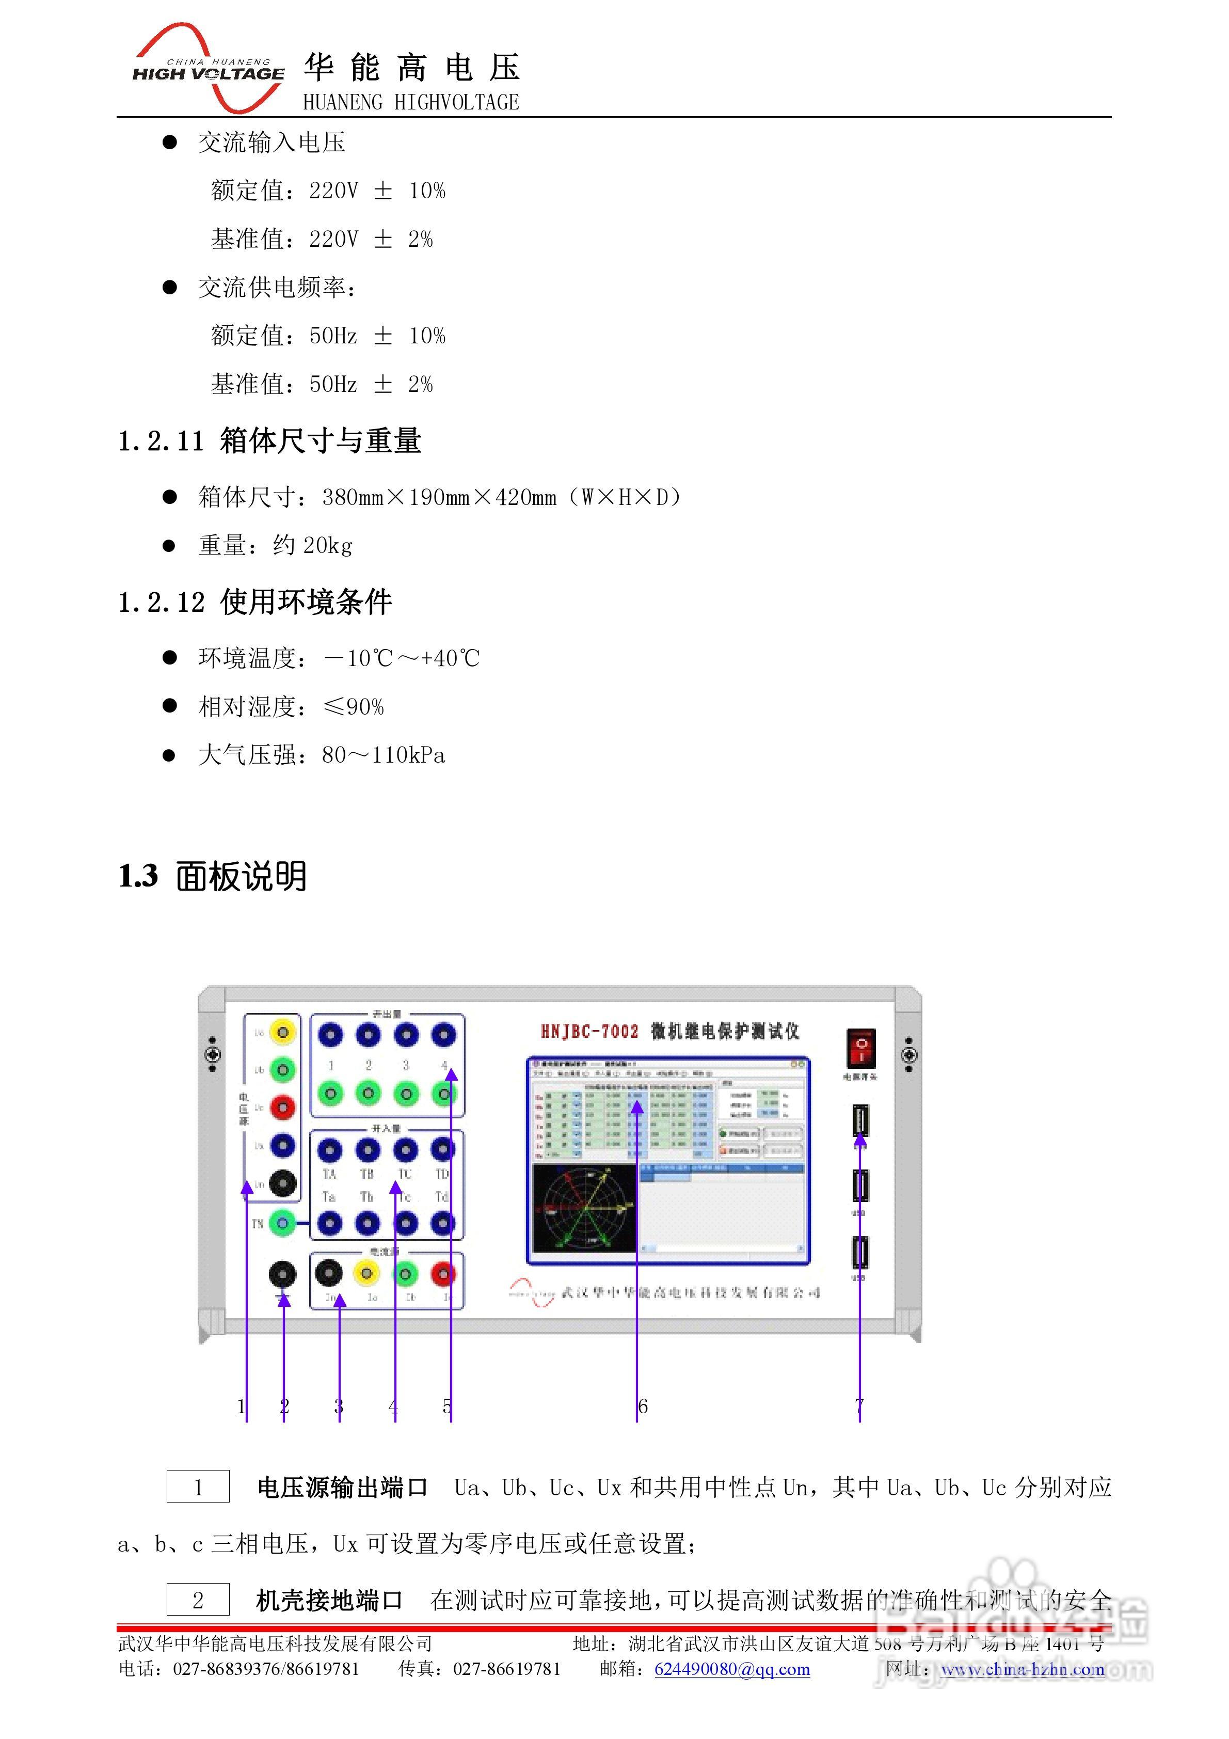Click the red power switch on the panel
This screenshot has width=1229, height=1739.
pyautogui.click(x=860, y=1048)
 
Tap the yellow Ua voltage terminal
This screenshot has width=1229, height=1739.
pyautogui.click(x=282, y=1032)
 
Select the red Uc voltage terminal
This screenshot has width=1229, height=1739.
pyautogui.click(x=282, y=1108)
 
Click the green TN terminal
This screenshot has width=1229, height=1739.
pyautogui.click(x=282, y=1223)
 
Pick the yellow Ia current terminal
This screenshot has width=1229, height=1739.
pyautogui.click(x=366, y=1274)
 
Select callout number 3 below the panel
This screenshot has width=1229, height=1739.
pyautogui.click(x=339, y=1406)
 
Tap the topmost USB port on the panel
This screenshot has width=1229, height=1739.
pyautogui.click(x=860, y=1121)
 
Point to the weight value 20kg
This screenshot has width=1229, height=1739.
pyautogui.click(x=327, y=545)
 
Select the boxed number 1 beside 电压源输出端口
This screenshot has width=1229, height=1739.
pyautogui.click(x=198, y=1487)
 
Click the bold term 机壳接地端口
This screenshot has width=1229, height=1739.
pyautogui.click(x=329, y=1600)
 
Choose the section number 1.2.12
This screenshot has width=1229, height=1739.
pyautogui.click(x=161, y=603)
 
